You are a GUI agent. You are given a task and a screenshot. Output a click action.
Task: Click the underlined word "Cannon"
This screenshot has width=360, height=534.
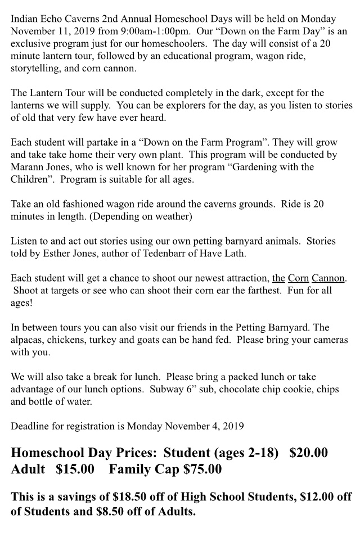click(328, 278)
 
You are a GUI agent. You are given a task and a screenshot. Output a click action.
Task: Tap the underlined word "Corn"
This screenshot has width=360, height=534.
click(298, 278)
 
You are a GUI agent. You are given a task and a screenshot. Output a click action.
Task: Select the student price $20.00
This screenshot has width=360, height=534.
click(308, 452)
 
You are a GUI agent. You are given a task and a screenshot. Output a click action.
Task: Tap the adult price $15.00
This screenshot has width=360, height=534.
click(75, 469)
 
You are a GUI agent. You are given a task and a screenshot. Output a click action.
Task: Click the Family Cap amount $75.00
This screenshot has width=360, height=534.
click(202, 469)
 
